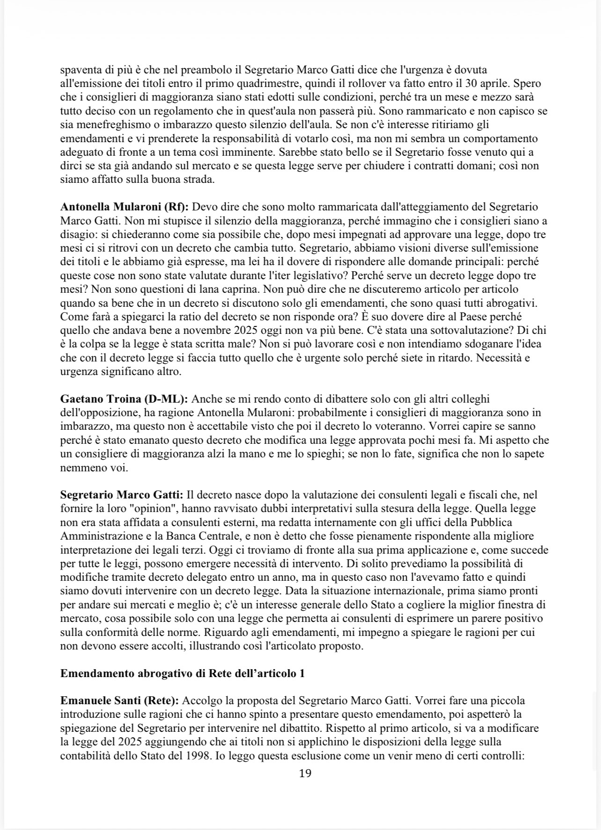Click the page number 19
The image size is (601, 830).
tap(305, 773)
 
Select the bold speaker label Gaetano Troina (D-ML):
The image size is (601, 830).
tap(124, 399)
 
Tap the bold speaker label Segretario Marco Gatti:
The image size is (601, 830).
tap(123, 495)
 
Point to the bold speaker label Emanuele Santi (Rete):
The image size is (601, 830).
tap(119, 701)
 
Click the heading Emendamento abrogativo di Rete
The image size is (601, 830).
tap(183, 674)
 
